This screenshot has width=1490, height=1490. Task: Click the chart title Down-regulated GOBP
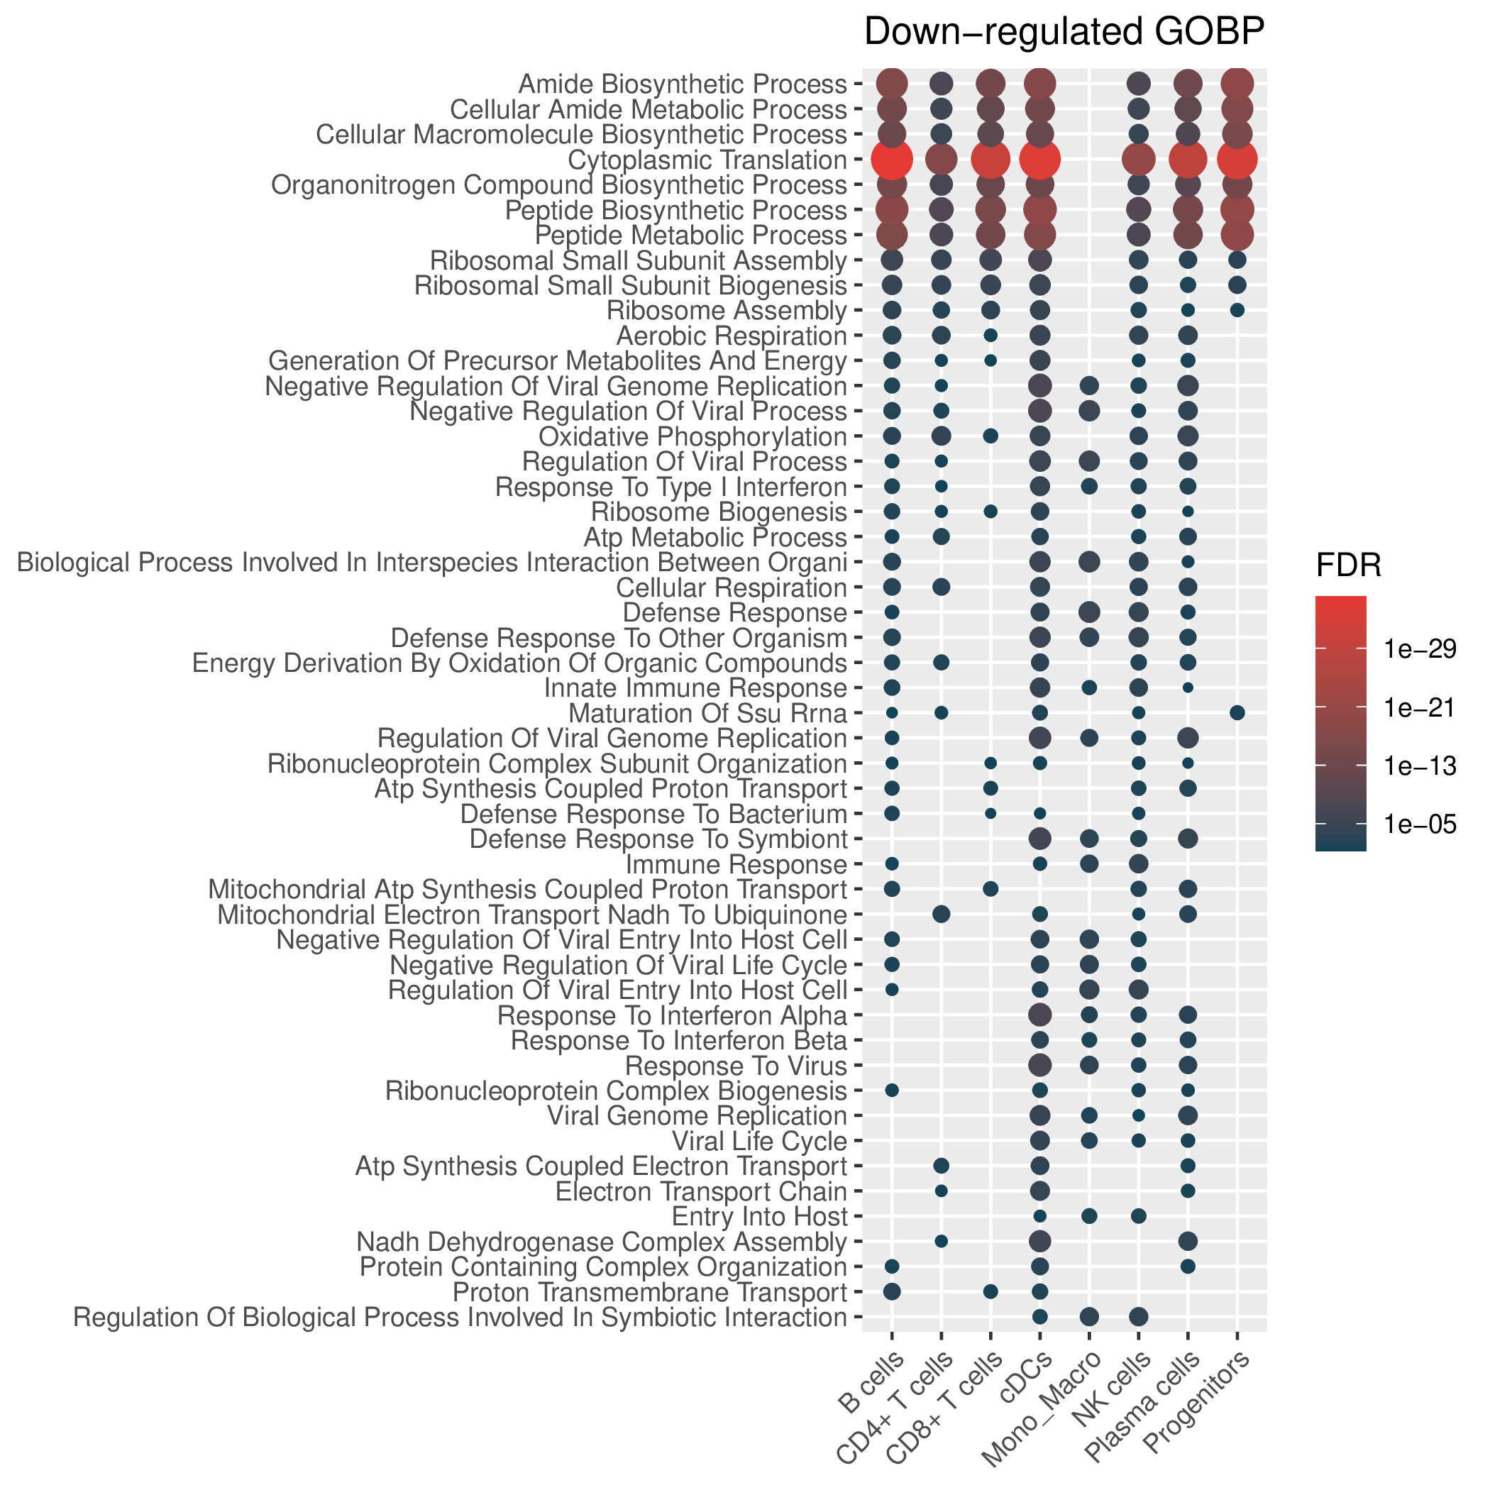click(x=1064, y=33)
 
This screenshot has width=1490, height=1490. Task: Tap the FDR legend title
click(x=1349, y=567)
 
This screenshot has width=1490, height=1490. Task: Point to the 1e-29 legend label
click(x=1420, y=649)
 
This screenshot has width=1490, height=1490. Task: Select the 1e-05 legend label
click(x=1420, y=824)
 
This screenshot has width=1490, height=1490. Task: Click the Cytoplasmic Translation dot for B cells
click(x=892, y=160)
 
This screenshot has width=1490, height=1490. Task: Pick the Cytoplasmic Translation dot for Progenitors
click(x=1237, y=160)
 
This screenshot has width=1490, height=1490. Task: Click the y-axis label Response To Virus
click(x=736, y=1066)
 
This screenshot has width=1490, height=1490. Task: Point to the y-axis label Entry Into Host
click(x=760, y=1217)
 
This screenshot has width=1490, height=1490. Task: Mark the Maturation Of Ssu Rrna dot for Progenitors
click(x=1237, y=712)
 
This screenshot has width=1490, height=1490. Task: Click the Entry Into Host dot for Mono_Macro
click(x=1089, y=1216)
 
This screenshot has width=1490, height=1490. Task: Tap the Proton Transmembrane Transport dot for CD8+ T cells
click(x=990, y=1292)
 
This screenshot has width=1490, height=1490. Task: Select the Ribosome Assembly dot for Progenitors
click(x=1237, y=310)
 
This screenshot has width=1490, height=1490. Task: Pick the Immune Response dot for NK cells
click(x=1138, y=863)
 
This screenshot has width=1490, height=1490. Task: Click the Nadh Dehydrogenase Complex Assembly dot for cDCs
click(x=1039, y=1241)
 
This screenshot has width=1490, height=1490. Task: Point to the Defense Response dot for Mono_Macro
click(x=1089, y=612)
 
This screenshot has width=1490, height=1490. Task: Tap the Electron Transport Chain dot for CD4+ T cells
click(x=941, y=1191)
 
